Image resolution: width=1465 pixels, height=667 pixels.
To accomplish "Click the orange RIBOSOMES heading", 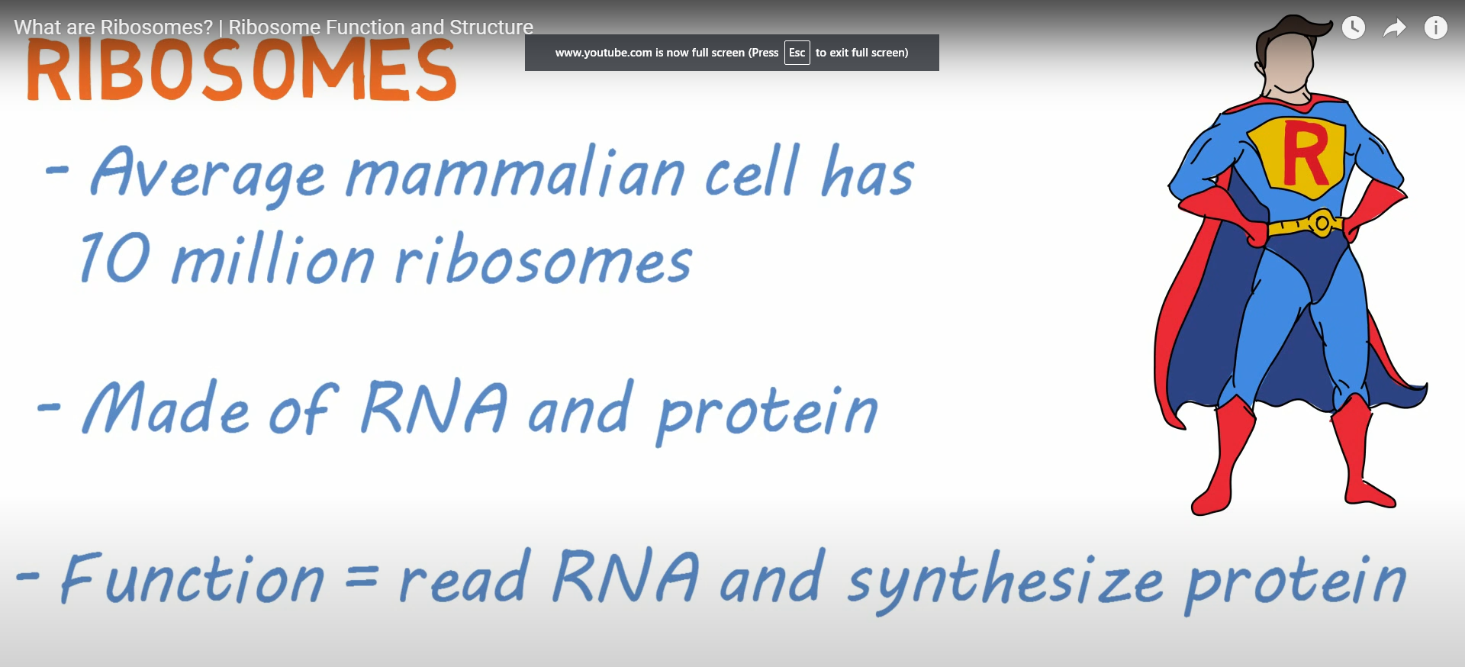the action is pos(241,70).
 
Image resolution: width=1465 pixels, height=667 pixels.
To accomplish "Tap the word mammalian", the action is pos(516,174).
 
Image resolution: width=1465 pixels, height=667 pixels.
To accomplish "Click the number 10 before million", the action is pos(114,257).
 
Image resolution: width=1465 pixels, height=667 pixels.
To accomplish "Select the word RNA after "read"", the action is pos(625,576).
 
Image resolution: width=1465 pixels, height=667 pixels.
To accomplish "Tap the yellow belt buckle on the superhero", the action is pos(1322,224).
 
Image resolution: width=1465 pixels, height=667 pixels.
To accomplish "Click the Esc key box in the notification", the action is pos(797,53).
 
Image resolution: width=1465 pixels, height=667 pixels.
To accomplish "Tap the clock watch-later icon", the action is pos(1354,28).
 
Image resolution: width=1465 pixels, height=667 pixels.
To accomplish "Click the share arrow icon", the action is pos(1395,28).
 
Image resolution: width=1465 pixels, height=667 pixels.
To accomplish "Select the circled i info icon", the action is pos(1436,28).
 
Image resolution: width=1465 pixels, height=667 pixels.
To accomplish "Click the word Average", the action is pos(208,174).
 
